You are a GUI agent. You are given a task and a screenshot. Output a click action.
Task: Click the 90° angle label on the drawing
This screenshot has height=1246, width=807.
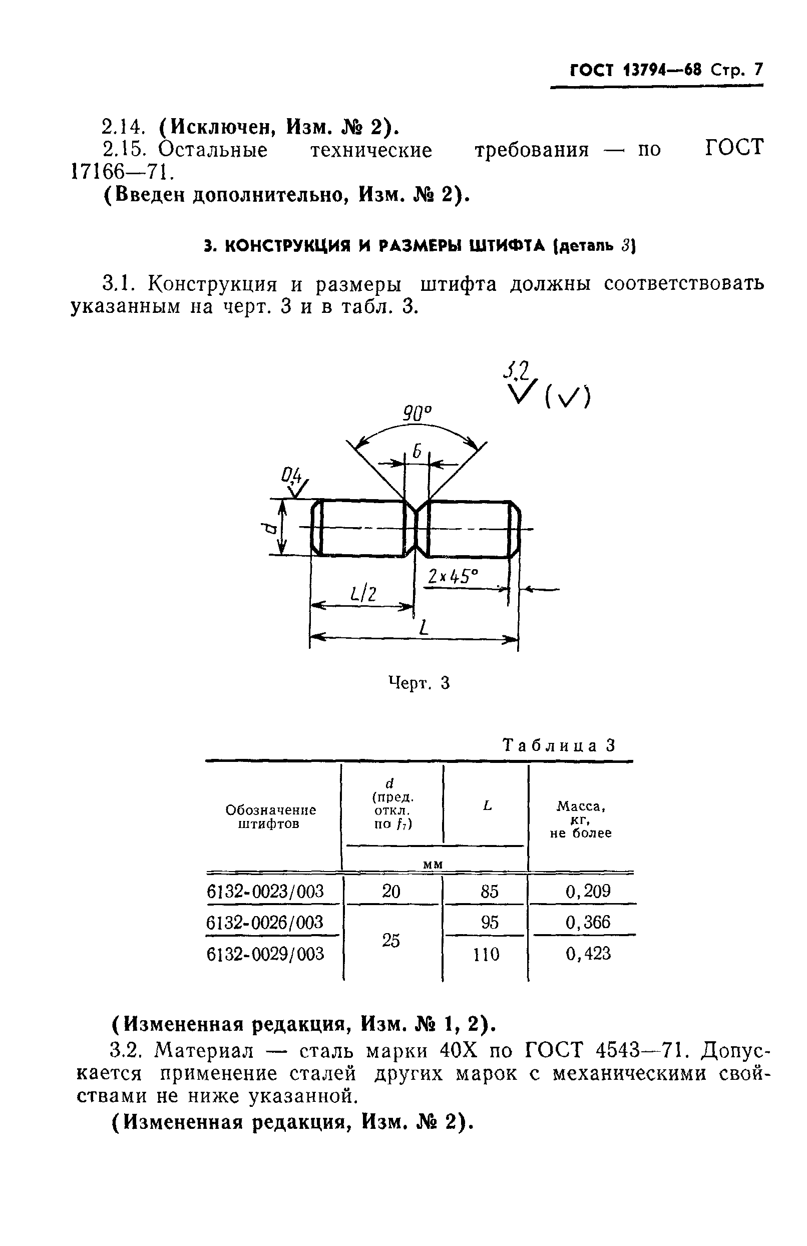coord(418,414)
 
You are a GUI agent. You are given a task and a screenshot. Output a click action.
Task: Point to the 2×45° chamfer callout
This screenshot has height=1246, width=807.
coord(453,576)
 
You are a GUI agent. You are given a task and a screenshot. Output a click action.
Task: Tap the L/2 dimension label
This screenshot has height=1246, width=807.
coord(363,593)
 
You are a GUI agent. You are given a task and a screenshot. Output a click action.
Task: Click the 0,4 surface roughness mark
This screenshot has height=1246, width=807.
coord(292,476)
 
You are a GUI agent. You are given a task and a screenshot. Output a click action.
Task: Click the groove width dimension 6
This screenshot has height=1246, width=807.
coord(417,451)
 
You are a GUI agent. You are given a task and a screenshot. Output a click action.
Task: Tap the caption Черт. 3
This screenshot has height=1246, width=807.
coord(419,683)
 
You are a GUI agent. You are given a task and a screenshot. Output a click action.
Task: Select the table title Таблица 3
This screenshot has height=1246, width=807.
coord(559,745)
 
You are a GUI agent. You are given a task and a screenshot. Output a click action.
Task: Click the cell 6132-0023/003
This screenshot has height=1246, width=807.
coord(265,891)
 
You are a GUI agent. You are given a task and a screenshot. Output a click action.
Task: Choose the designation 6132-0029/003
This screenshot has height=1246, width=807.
coord(265,954)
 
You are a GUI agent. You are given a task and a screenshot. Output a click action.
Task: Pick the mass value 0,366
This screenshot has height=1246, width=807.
coord(588,922)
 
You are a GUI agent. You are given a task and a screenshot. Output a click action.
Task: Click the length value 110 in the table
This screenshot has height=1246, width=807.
coord(487,954)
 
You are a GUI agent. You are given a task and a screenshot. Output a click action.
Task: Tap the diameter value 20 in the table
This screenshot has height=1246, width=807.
coord(391,891)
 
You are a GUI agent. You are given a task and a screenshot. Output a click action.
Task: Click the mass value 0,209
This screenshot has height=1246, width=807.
coord(588,891)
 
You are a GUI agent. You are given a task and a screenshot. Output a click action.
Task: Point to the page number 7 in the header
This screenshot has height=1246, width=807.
coord(758,70)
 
